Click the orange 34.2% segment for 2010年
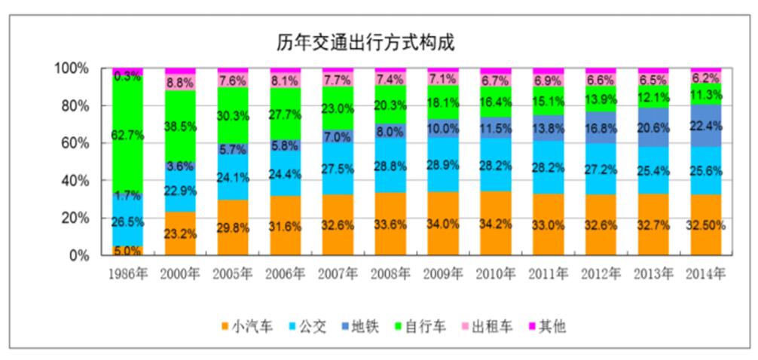[x=495, y=224]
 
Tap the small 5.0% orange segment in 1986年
[x=127, y=251]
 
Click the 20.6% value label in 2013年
[x=653, y=129]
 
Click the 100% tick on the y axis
[x=72, y=69]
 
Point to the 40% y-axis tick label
[x=75, y=181]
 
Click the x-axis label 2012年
[x=601, y=275]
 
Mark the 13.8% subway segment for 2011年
[x=548, y=128]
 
